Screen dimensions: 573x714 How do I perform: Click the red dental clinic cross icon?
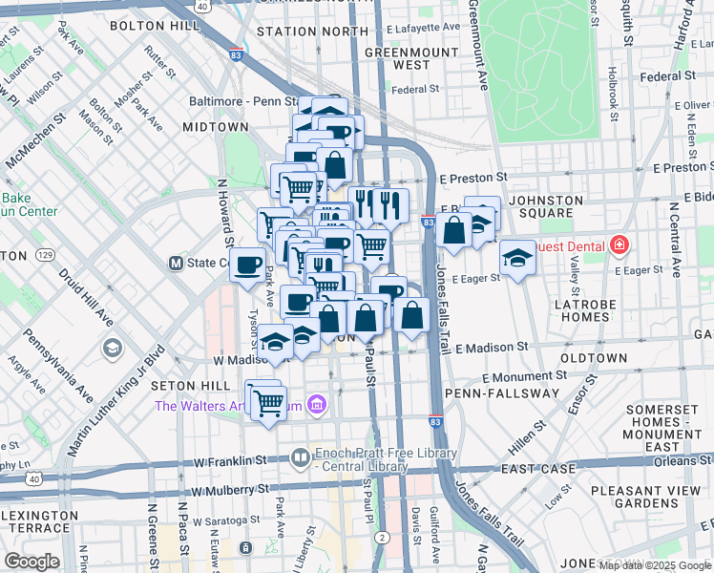click(x=619, y=246)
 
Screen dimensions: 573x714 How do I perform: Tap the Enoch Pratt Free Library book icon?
click(x=301, y=458)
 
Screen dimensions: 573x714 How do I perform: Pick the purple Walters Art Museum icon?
click(x=318, y=406)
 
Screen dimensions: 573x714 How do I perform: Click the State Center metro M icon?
click(x=176, y=263)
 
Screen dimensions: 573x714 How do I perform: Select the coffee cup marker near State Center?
click(x=247, y=264)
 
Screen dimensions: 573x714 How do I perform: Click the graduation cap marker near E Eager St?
click(x=517, y=258)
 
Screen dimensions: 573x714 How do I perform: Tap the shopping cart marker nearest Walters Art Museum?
click(x=269, y=401)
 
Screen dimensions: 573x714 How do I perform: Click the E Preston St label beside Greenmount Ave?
click(x=472, y=178)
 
